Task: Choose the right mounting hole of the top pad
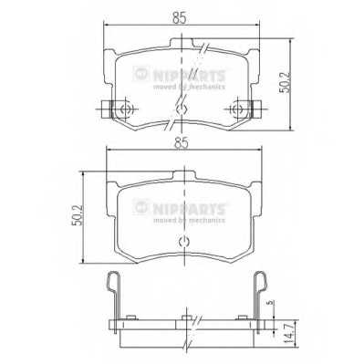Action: [x=238, y=110]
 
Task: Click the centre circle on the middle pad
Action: [x=182, y=241]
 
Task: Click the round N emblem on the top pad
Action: [x=140, y=75]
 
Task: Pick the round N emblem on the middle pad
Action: [x=140, y=204]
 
